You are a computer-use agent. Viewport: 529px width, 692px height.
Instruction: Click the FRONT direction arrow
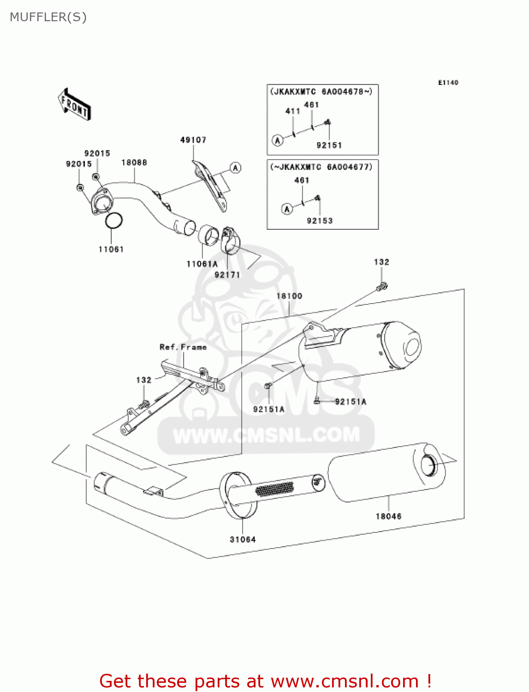coord(74,105)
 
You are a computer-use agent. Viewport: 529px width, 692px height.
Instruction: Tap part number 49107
coord(193,140)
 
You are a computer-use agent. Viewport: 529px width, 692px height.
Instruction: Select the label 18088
coord(134,162)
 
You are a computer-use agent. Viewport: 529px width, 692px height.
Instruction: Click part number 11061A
coord(202,264)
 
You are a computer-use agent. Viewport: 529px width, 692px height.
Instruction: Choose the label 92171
coord(227,275)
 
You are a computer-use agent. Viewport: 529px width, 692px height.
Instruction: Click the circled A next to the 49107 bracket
coord(236,168)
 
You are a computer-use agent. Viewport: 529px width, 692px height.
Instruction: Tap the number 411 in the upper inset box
coord(292,111)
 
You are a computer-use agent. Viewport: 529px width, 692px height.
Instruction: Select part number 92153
coord(320,221)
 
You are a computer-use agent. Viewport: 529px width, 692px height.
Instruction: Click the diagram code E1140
coord(448,83)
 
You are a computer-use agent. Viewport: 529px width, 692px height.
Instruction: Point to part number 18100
coord(289,296)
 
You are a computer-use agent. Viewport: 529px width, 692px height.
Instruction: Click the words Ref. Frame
coord(183,347)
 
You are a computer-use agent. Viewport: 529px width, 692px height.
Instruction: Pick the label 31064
coord(243,539)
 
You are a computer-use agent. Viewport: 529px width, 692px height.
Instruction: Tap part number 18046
coord(388,516)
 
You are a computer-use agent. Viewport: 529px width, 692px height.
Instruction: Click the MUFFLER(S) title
coord(48,17)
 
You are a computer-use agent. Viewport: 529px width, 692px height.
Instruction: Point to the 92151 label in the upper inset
coord(329,145)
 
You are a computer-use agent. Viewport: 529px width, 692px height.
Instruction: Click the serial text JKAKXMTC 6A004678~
coord(321,92)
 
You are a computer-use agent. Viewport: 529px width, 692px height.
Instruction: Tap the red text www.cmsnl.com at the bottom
coord(345,681)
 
